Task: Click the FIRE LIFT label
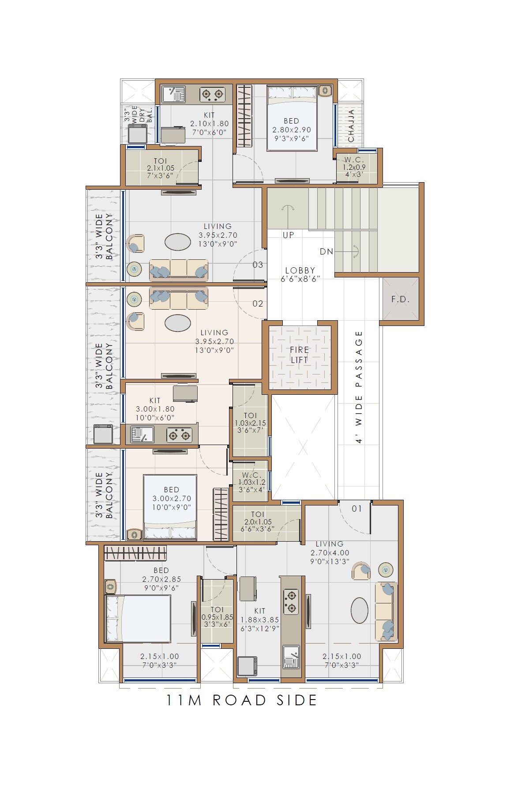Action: [x=300, y=355]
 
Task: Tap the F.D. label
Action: [x=400, y=299]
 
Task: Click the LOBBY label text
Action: [x=300, y=270]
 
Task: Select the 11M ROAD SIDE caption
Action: [x=241, y=700]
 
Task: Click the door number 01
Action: [x=356, y=509]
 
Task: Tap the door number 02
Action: [x=258, y=303]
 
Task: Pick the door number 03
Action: [x=258, y=265]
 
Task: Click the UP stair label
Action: [x=288, y=235]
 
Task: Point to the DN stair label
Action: [x=326, y=251]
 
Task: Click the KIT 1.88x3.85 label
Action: [x=260, y=619]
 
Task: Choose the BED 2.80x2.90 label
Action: [x=292, y=129]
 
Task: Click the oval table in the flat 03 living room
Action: [x=178, y=242]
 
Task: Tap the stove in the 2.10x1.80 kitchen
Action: [x=212, y=94]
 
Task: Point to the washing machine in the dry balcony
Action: [x=138, y=133]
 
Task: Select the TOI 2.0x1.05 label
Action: [x=258, y=521]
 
